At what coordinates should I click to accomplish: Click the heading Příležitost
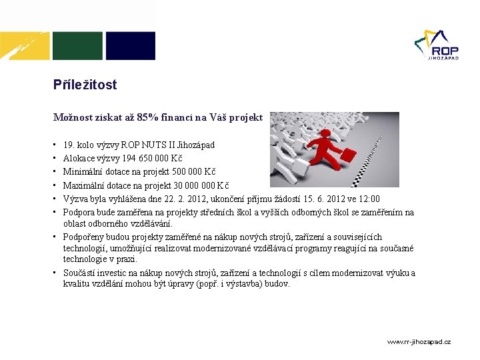point(85,85)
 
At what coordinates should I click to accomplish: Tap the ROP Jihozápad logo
point(436,45)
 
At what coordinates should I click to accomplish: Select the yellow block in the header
point(25,45)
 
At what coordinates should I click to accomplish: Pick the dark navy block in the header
point(131,45)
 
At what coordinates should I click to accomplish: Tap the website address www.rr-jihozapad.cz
point(419,341)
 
